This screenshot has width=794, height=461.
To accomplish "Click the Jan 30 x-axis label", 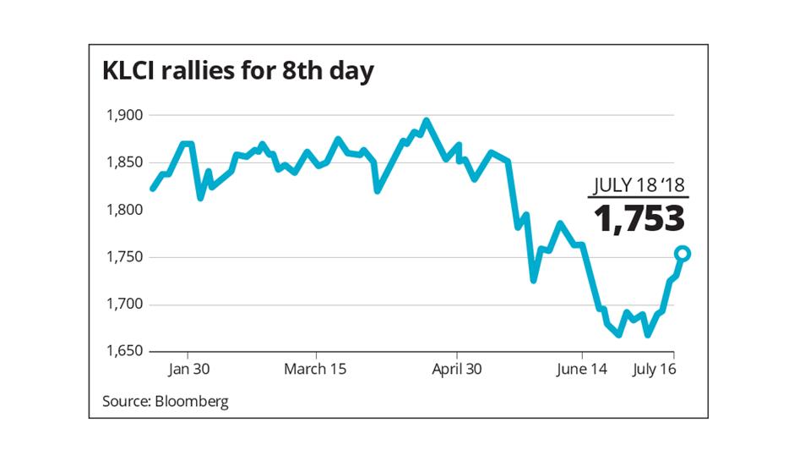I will (187, 370).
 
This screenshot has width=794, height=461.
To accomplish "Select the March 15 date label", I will (315, 370).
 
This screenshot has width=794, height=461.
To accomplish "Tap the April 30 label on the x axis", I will (457, 370).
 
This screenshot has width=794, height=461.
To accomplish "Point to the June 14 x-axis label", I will (583, 370).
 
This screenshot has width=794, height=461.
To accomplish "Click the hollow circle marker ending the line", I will (683, 254).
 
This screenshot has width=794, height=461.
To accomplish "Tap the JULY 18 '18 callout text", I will (639, 184).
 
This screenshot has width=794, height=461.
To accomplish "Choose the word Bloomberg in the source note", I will (191, 401).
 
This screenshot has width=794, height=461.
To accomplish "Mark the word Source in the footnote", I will (126, 401).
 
